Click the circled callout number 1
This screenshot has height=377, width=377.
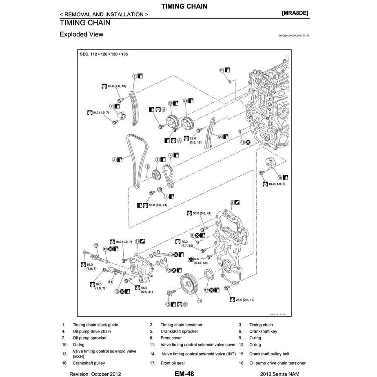[134, 76]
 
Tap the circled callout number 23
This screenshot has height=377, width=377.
[222, 70]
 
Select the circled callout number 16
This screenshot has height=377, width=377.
[200, 301]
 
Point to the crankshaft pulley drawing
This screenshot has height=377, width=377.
[189, 282]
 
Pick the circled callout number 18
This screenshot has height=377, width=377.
[280, 177]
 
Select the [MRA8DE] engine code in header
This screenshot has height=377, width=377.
[295, 13]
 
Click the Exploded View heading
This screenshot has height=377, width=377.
[81, 34]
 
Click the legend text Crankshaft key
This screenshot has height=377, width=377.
[263, 331]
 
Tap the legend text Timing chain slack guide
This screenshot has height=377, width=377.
[95, 325]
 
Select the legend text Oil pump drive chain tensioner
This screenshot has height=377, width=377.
[277, 363]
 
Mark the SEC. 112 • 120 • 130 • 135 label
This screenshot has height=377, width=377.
[104, 54]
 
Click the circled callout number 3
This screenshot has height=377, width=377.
[114, 160]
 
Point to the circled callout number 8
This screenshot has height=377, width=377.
[232, 202]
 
